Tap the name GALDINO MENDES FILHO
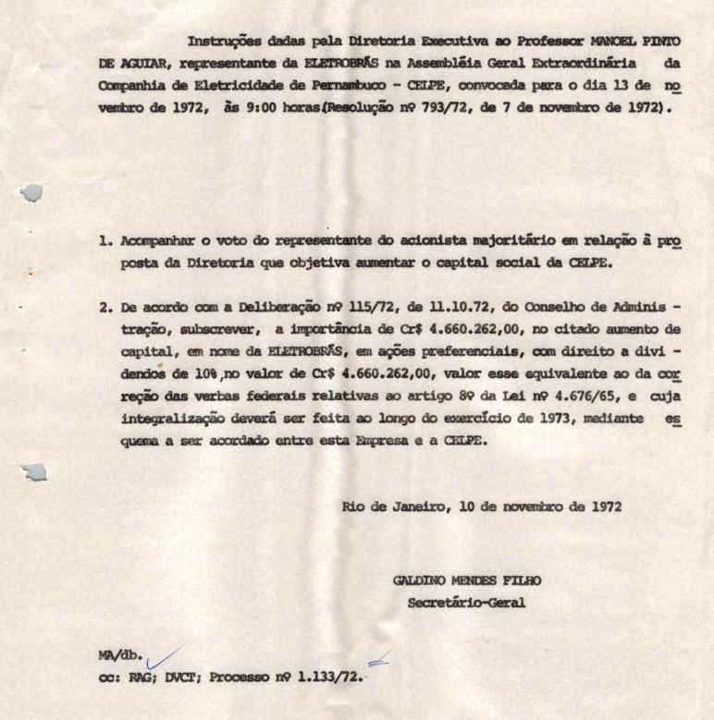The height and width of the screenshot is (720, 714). pyautogui.click(x=467, y=580)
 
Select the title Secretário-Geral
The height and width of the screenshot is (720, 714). pyautogui.click(x=466, y=603)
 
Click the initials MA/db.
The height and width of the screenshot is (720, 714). pyautogui.click(x=120, y=655)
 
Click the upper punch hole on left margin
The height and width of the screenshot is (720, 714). pyautogui.click(x=31, y=192)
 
